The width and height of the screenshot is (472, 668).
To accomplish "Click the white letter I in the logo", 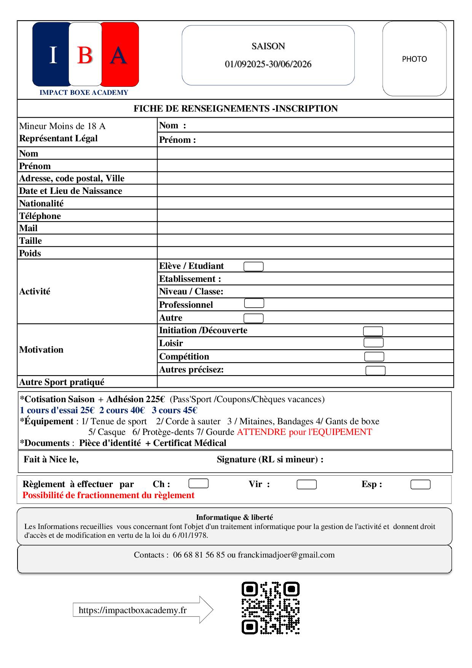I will pos(53,55).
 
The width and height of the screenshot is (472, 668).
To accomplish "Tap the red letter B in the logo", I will pos(85,55).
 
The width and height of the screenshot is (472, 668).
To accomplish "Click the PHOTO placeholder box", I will pos(414,59).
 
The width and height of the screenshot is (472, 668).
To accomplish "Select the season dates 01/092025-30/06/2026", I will pos(268,64).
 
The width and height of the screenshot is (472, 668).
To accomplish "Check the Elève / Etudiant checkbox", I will pos(254,267).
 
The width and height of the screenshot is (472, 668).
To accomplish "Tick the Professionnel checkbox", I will pos(254,304).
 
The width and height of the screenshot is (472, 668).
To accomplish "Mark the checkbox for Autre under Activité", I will pos(254,318).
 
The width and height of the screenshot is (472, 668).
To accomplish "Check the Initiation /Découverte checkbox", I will pos(373,331).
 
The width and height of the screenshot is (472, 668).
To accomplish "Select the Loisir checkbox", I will pos(373,343).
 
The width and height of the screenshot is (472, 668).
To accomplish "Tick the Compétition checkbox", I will pos(374,356).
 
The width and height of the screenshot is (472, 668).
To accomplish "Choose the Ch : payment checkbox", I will pos(199,484).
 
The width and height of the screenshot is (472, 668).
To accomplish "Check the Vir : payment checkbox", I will pos(306,484).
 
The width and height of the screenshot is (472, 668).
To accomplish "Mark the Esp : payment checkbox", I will pos(420,484).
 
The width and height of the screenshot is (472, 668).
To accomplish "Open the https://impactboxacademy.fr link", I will pos(132,610).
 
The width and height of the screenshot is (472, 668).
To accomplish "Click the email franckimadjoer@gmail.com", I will pos(286,555).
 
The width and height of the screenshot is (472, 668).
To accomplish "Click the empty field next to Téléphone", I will pos(305,216).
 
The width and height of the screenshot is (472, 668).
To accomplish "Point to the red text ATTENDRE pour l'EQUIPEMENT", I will pos(304,432).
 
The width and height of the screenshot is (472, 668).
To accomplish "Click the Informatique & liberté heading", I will pos(234,517).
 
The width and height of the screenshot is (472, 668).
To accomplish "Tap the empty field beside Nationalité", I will pos(305,203).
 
